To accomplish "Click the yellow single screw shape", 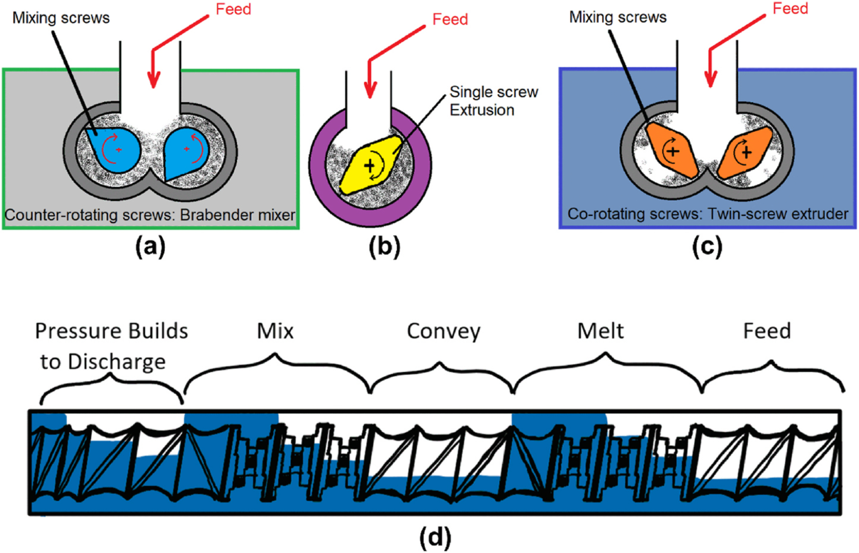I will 370,165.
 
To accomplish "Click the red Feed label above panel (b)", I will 450,19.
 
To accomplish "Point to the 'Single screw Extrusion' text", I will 493,101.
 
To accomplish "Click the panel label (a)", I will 150,247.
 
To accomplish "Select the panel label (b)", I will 385,247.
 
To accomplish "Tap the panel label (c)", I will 707,247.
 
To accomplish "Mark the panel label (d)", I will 435,537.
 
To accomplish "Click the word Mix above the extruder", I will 275,331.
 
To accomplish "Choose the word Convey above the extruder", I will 443,331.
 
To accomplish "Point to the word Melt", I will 600,331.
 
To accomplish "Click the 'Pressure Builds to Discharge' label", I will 111,346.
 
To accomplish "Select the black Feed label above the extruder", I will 767,331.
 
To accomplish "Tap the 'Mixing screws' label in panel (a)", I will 61,18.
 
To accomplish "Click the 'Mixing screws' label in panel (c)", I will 618,17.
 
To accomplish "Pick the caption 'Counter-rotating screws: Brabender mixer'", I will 150,215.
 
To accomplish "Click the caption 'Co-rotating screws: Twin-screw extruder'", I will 708,214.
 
